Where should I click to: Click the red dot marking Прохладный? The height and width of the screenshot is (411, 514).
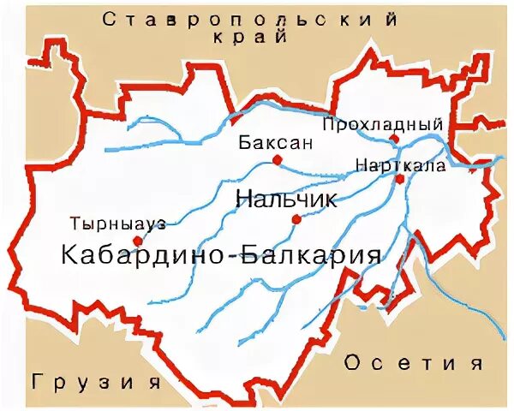coord(393,138)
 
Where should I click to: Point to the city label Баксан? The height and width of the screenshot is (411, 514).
coord(265,143)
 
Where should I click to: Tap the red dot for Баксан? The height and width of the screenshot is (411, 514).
coord(277,160)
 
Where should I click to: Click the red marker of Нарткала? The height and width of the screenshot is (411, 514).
coord(399,178)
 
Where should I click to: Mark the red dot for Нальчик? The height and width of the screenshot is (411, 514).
coord(296,219)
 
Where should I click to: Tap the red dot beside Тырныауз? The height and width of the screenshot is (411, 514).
coord(137,241)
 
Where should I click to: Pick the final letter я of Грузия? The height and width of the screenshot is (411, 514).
coord(154,380)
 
